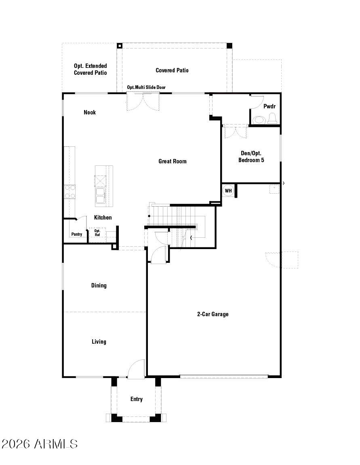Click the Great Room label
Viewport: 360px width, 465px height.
click(x=173, y=161)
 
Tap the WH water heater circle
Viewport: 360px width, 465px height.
click(x=228, y=191)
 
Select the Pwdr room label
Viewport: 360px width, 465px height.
click(x=269, y=106)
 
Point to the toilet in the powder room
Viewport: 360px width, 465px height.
click(x=272, y=119)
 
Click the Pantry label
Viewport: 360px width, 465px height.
click(x=77, y=234)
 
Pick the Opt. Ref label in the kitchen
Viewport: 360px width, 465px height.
click(x=97, y=233)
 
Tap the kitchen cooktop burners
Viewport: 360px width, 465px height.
click(x=69, y=192)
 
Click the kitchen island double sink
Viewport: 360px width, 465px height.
click(x=100, y=195)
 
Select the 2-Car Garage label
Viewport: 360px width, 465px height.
click(x=213, y=314)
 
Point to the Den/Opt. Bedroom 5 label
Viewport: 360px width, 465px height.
click(x=251, y=156)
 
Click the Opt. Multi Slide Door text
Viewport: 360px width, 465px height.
click(x=146, y=87)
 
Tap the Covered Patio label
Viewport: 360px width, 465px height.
click(x=172, y=70)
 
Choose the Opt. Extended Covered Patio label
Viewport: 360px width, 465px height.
click(x=91, y=69)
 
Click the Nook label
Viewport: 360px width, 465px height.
click(x=90, y=112)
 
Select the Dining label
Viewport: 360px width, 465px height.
click(x=99, y=285)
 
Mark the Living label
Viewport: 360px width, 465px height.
click(x=99, y=342)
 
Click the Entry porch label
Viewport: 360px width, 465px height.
click(x=137, y=399)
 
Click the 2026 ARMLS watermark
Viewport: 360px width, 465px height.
click(x=40, y=444)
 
